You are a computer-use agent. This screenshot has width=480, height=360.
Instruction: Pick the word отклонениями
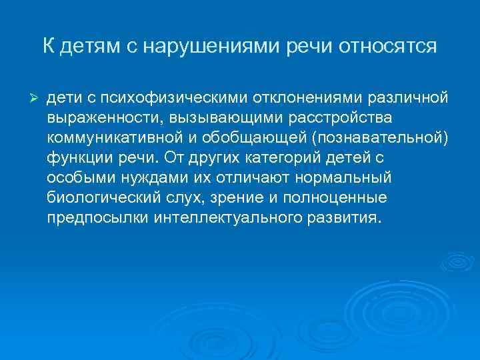[306, 99]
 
